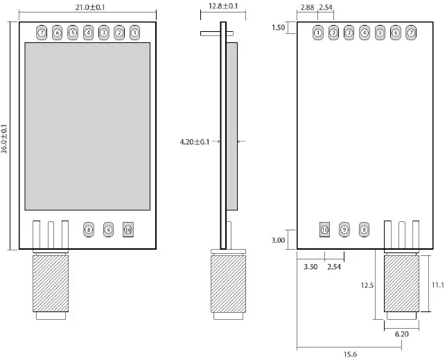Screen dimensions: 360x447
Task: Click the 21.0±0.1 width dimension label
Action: click(87, 6)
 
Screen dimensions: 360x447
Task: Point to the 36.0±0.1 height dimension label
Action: click(5, 139)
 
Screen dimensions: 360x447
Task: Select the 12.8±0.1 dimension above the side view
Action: click(223, 6)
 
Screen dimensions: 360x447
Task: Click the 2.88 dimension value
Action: click(307, 7)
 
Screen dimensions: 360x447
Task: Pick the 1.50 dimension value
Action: click(279, 28)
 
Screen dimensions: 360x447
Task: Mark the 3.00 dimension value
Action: click(278, 240)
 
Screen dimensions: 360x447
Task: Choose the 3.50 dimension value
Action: click(311, 266)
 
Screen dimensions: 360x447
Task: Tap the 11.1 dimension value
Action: click(438, 285)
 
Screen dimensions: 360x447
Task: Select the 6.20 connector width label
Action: click(401, 334)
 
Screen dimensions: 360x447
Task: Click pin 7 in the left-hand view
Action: click(42, 33)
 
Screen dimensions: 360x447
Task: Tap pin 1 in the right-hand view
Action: click(318, 33)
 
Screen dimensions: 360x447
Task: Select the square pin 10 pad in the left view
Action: click(128, 229)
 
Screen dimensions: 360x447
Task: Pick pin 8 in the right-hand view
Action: click(365, 229)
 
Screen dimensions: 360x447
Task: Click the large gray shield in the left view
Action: click(87, 126)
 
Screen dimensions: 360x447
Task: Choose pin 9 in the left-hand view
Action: click(108, 229)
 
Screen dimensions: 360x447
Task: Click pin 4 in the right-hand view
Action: click(365, 33)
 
